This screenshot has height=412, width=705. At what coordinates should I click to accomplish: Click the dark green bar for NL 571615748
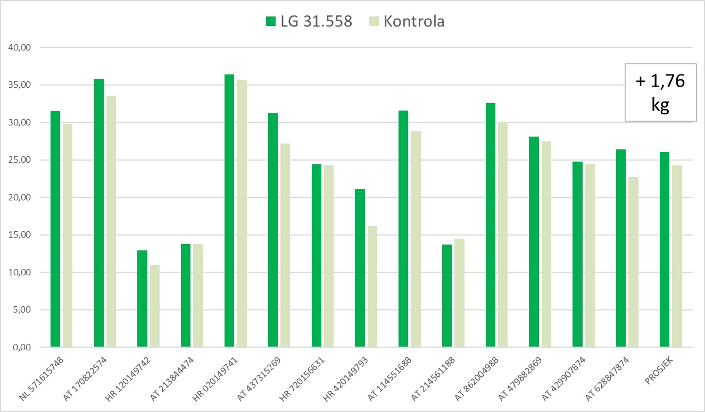tap(55, 229)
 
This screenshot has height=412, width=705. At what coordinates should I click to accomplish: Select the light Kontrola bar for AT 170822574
tap(111, 221)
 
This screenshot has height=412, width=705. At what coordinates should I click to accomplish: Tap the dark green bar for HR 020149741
tap(229, 211)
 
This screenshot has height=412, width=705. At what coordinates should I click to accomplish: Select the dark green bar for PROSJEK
tap(665, 249)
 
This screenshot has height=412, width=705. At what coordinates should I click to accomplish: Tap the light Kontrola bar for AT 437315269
tap(285, 245)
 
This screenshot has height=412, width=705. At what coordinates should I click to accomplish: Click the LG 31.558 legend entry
tap(309, 21)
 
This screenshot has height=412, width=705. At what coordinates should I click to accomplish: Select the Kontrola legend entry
tap(407, 21)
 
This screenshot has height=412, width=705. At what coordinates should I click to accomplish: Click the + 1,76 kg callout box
tap(660, 93)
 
